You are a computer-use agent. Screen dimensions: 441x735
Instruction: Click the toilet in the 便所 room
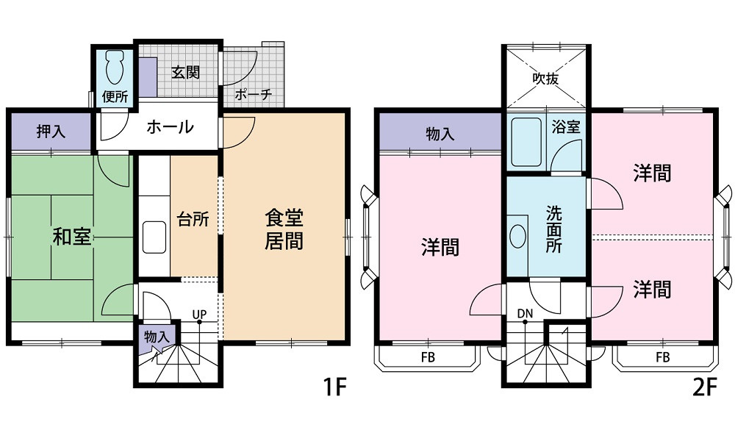(115, 70)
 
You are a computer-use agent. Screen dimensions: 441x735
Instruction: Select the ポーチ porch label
(253, 94)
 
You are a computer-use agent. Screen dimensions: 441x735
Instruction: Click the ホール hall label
(170, 126)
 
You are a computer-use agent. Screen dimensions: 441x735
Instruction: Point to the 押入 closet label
(51, 132)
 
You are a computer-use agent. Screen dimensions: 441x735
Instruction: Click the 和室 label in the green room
(71, 237)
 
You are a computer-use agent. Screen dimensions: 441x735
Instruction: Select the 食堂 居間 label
(284, 229)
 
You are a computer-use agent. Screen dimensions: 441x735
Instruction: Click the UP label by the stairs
(198, 315)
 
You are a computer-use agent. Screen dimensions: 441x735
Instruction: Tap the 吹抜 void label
(545, 78)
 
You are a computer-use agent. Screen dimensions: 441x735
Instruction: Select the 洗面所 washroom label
(553, 229)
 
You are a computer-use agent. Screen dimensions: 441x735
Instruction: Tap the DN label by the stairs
(524, 315)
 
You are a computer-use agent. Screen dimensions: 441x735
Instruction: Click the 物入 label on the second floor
(440, 135)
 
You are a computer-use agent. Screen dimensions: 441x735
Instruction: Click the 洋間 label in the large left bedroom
(440, 247)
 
